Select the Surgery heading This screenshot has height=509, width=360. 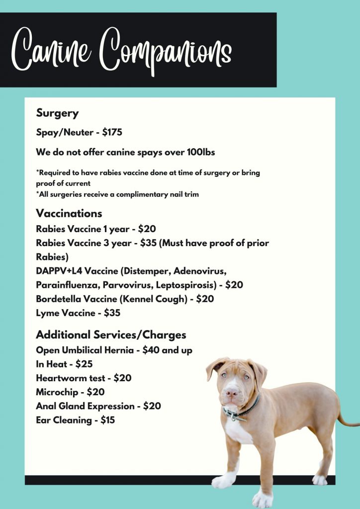(57, 113)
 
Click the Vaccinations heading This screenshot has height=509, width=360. (69, 213)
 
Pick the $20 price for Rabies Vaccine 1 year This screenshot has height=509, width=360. (147, 229)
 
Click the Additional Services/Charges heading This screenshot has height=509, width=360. (111, 335)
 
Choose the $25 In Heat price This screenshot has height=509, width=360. (84, 364)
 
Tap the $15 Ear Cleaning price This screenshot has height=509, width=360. (107, 420)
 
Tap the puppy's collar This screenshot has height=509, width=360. (244, 411)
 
